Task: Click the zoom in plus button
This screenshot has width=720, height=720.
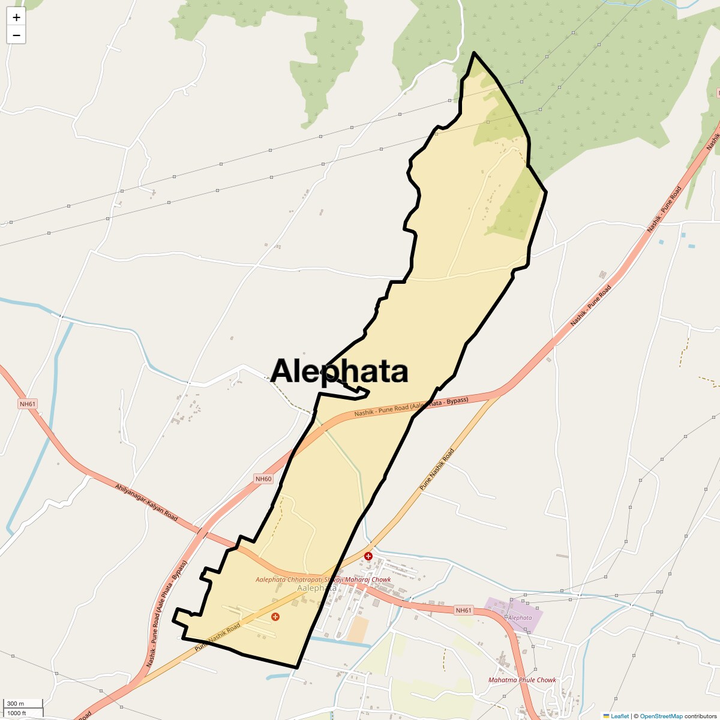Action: click(x=16, y=17)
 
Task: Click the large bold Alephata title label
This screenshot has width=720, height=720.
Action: click(x=340, y=371)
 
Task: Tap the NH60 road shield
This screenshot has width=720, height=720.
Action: click(x=263, y=479)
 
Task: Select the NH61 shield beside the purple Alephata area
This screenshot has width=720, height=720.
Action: click(x=463, y=610)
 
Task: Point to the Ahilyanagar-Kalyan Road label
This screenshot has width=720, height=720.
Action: click(x=146, y=502)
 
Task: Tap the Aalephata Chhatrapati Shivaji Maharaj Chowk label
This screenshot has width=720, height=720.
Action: click(x=323, y=580)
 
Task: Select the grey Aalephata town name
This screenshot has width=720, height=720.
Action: click(x=317, y=588)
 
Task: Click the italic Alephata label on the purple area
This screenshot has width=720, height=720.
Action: click(x=520, y=617)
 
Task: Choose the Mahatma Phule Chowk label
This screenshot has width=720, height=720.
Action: click(x=522, y=680)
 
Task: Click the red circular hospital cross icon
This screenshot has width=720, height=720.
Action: click(x=368, y=556)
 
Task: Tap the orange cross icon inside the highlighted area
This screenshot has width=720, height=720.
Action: click(x=275, y=617)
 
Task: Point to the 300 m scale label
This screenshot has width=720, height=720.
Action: click(x=16, y=703)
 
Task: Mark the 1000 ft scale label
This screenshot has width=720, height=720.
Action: click(x=17, y=713)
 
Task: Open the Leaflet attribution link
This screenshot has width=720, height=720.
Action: click(x=619, y=716)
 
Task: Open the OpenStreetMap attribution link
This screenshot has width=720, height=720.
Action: click(x=661, y=716)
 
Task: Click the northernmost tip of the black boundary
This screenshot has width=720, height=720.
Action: click(x=474, y=53)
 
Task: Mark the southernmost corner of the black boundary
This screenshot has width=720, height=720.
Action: click(x=296, y=667)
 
